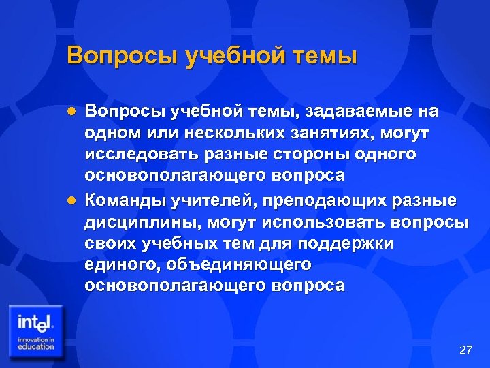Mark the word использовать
(x=326, y=223)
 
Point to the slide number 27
(x=465, y=350)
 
